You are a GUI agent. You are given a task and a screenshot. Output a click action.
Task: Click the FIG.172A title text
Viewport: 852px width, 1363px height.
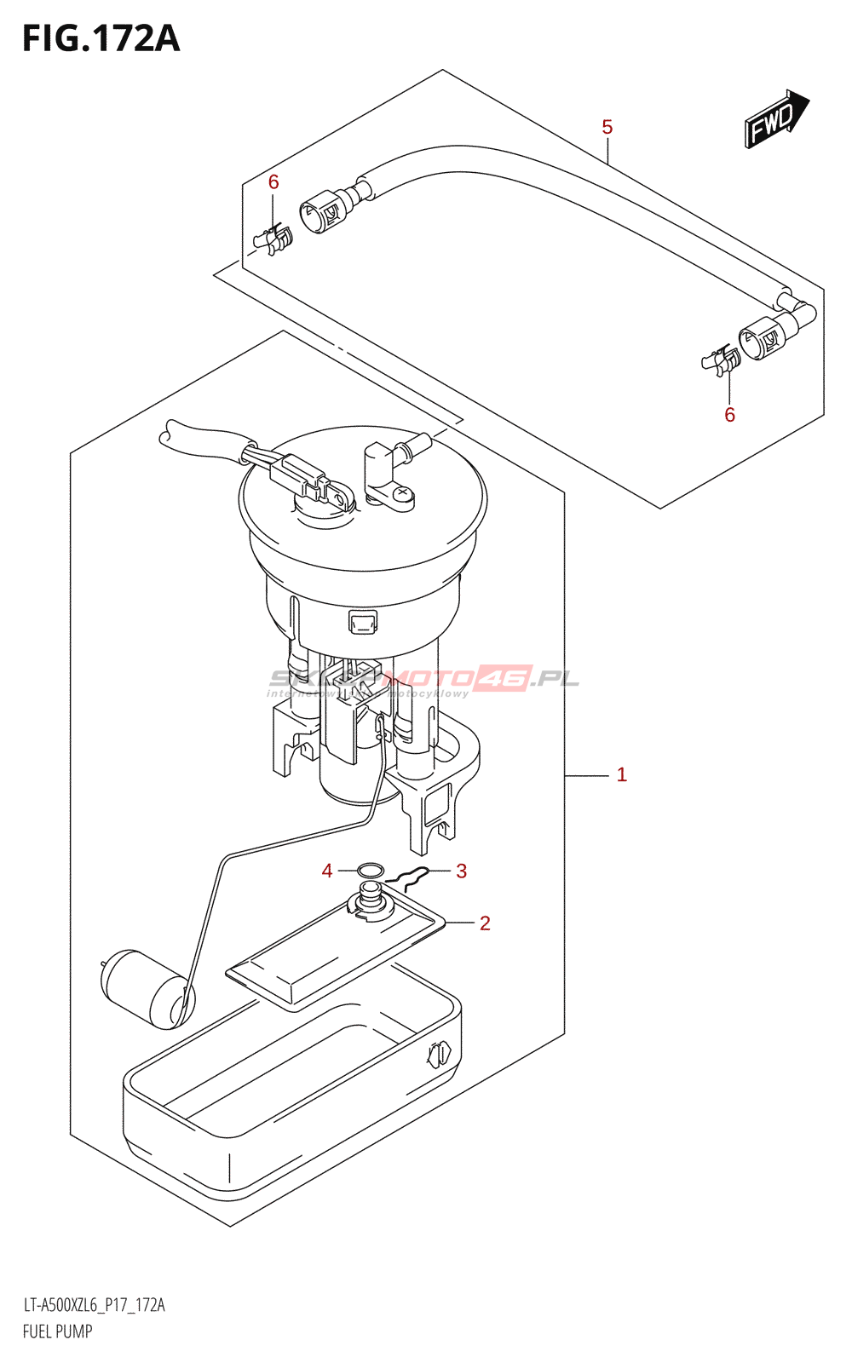tap(101, 39)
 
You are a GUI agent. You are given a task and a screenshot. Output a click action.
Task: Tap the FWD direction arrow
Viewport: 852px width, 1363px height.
tap(775, 120)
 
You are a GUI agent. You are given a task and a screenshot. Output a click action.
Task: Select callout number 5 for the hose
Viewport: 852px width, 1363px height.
tap(607, 128)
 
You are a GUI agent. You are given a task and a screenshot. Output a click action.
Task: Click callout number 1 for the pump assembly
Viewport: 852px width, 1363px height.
tap(621, 774)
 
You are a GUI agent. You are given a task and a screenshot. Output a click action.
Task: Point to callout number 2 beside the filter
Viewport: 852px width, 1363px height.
tap(485, 923)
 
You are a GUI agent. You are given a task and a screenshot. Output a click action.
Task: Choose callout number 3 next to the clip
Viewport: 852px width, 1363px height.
tap(461, 871)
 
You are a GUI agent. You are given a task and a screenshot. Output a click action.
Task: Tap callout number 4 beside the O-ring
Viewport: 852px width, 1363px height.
tap(327, 871)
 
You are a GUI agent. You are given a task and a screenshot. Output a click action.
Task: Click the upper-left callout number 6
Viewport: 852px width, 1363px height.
tap(273, 181)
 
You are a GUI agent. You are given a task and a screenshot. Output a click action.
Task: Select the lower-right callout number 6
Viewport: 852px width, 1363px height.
tap(729, 415)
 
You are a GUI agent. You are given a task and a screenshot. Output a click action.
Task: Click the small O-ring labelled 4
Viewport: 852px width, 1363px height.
tap(370, 871)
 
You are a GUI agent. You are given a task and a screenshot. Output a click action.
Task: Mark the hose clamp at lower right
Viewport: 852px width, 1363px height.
tap(722, 361)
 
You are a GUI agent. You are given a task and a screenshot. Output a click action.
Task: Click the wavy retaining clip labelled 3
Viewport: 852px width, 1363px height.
tap(407, 878)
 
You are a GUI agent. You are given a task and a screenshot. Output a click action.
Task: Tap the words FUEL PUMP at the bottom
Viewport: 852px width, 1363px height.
tap(57, 1331)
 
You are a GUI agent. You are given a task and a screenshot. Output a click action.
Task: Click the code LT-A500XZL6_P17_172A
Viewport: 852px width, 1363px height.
tap(94, 1305)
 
